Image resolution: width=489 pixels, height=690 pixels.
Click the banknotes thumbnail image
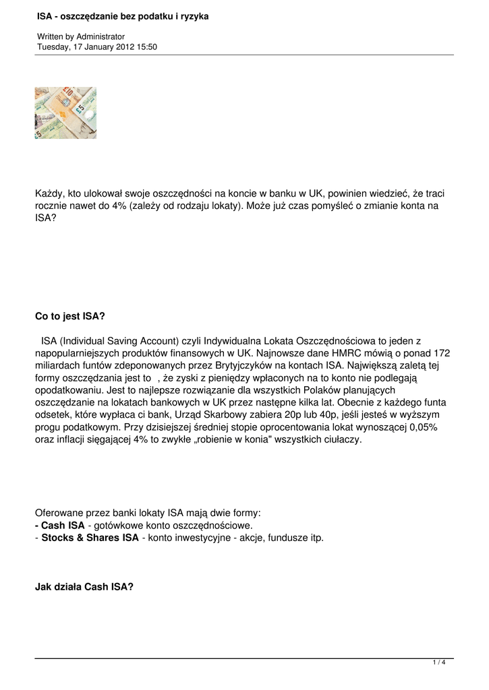tap(65, 113)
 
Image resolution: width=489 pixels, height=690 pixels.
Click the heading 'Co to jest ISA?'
tap(70, 316)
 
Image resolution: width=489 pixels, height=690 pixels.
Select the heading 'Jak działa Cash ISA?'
tap(84, 586)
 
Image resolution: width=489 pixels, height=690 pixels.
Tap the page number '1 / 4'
tap(439, 663)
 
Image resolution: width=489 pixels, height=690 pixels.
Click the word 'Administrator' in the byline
tap(100, 36)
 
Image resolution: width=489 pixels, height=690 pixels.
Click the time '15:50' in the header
tap(147, 46)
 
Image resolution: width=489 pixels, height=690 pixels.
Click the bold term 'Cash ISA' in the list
tap(63, 525)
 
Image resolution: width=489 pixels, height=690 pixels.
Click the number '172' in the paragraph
tap(441, 353)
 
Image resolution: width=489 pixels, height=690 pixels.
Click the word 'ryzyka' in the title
tap(193, 15)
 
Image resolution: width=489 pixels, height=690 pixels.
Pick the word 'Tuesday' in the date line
tap(54, 46)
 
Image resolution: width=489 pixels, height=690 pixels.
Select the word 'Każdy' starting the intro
tap(49, 194)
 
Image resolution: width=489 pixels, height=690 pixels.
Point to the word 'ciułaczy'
tap(322, 439)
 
